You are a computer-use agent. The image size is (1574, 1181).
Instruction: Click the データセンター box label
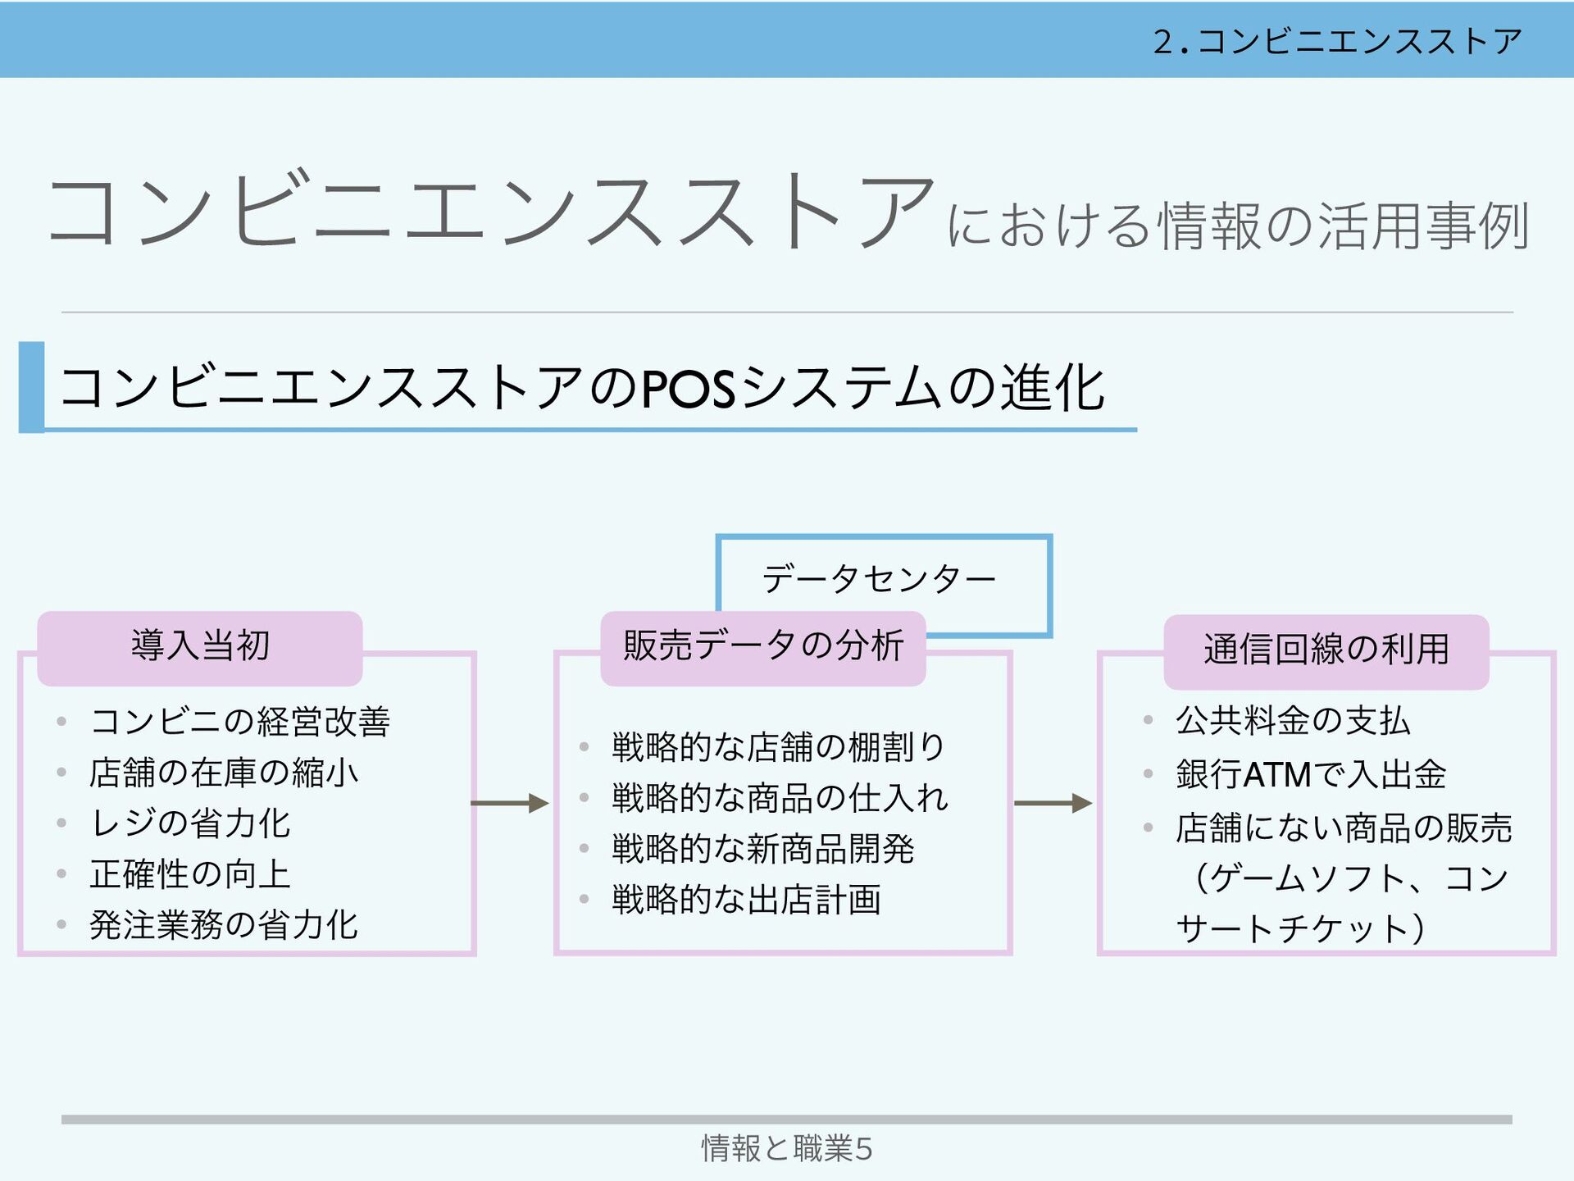[x=879, y=579]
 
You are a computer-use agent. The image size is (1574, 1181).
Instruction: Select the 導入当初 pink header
[x=200, y=646]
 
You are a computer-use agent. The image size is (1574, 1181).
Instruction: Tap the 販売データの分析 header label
[x=762, y=646]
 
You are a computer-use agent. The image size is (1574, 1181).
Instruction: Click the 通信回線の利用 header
[x=1326, y=650]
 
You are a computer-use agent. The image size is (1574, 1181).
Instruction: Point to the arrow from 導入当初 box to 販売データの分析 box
[x=510, y=803]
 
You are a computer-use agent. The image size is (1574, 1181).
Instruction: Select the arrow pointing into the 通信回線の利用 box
[x=1053, y=803]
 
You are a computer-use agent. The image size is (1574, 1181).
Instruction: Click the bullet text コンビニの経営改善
[x=239, y=722]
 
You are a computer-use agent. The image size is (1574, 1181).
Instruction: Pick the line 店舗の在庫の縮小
[x=224, y=773]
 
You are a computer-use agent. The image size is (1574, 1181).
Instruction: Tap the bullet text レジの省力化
[x=190, y=823]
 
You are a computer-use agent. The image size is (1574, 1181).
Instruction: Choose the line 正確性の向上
[x=190, y=874]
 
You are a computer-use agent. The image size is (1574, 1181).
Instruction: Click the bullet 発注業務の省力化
[x=224, y=925]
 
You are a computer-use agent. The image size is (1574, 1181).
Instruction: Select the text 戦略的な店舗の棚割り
[x=778, y=747]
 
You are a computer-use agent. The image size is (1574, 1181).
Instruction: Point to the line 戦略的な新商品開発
[x=762, y=849]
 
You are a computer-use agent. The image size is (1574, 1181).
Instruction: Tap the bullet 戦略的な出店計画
[x=746, y=900]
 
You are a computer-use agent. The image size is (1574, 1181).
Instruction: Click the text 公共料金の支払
[x=1292, y=721]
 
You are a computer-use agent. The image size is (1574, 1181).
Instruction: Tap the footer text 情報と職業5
[x=786, y=1148]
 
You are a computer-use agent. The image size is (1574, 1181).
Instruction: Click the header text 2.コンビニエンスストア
[x=1337, y=41]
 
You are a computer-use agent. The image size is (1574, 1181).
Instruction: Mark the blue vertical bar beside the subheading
[x=31, y=387]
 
